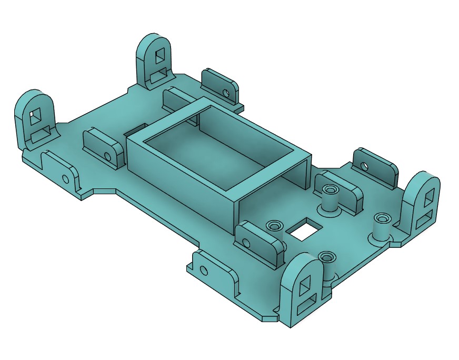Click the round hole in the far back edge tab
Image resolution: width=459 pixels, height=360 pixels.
[226, 94]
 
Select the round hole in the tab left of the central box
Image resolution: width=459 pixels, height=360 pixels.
[108, 156]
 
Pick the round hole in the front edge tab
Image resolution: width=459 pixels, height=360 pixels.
[204, 271]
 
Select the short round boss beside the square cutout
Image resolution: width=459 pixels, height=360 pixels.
[274, 226]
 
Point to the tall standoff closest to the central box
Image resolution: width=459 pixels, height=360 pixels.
[330, 190]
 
